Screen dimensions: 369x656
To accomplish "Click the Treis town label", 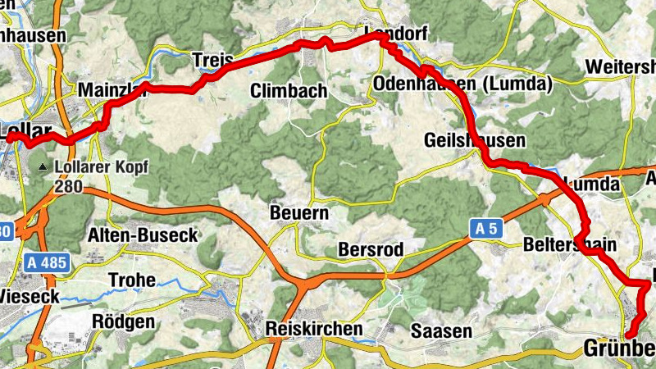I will [212, 60].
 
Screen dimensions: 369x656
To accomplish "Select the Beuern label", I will [299, 214].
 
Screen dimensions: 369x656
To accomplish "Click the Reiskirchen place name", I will [314, 329].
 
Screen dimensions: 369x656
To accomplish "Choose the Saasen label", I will [442, 331].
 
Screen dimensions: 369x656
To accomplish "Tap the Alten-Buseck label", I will [143, 235].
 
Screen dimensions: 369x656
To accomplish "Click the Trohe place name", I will [131, 279].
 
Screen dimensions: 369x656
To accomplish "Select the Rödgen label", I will [124, 321].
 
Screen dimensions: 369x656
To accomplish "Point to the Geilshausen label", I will [475, 141].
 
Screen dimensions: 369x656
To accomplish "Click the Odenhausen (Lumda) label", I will [462, 84].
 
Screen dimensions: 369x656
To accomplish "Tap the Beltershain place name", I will [569, 244].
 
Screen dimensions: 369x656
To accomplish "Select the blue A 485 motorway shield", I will [45, 263].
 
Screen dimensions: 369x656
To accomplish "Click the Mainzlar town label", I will [110, 91].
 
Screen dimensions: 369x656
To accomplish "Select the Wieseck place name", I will [30, 295].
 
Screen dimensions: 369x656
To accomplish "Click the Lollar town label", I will [25, 131].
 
